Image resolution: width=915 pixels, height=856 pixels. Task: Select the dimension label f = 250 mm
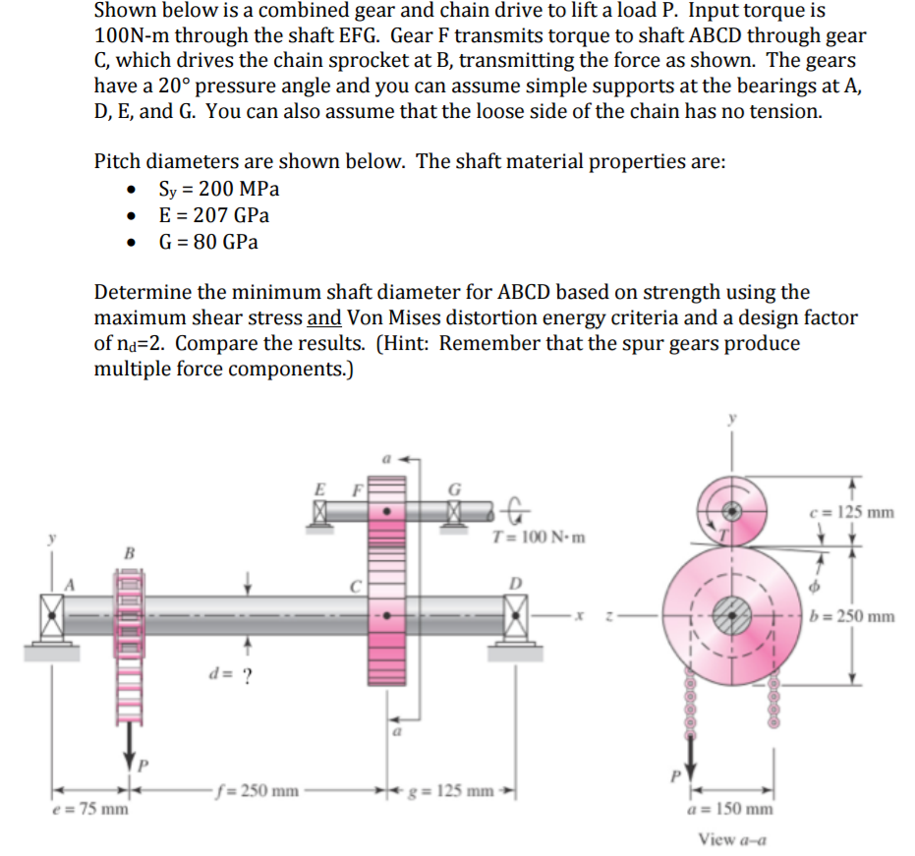point(257,788)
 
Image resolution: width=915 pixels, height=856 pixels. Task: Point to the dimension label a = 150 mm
point(732,808)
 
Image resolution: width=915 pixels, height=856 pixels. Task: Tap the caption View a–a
point(732,838)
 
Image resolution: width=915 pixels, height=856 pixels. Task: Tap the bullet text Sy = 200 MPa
point(219,189)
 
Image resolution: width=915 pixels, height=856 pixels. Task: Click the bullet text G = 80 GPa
point(208,242)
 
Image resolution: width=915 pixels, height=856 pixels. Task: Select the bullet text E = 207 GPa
point(213,215)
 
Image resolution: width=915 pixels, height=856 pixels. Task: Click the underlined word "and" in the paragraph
point(324,317)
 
